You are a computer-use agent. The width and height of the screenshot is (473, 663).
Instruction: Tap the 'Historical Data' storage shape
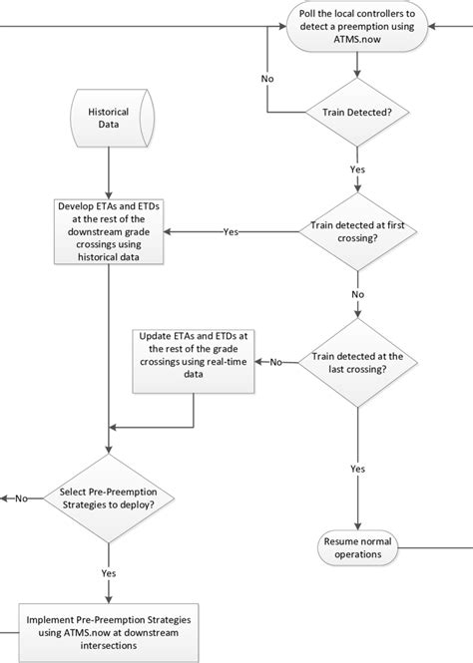pos(108,114)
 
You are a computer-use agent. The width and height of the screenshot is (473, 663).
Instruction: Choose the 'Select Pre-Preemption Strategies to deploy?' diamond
pos(108,497)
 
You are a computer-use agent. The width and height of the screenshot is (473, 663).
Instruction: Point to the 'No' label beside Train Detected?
pos(267,77)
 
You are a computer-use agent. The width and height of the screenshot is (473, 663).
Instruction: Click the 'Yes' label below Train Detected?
pos(358,169)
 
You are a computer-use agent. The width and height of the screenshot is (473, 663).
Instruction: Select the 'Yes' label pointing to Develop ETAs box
pos(231,232)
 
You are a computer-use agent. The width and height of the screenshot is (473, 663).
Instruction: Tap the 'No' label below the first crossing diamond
pos(358,295)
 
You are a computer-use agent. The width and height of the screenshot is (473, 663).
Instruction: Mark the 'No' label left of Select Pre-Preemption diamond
pos(21,497)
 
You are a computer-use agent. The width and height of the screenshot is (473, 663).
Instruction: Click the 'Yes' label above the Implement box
pos(108,573)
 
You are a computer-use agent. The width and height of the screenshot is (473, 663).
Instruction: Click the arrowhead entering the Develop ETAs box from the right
pos(171,232)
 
